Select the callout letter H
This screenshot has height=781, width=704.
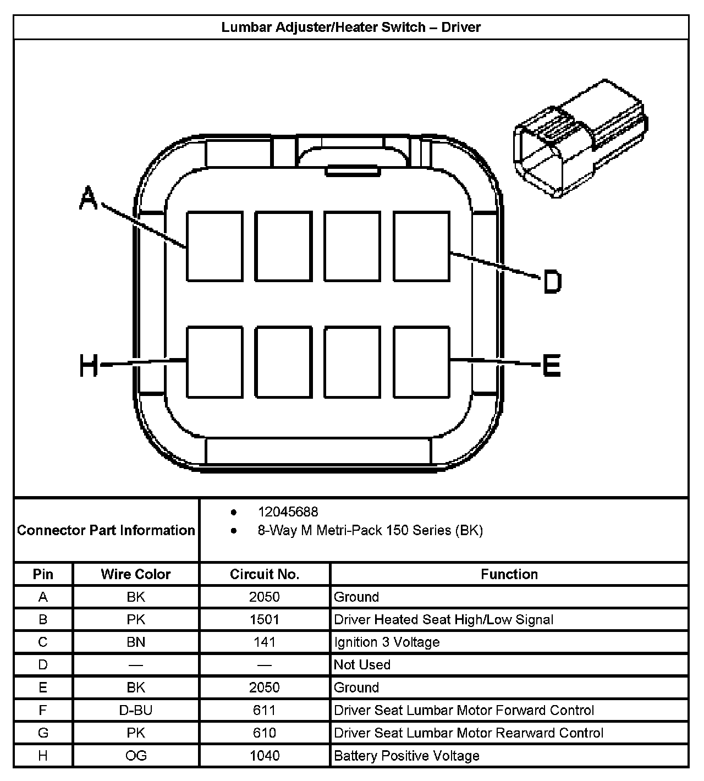[x=89, y=366]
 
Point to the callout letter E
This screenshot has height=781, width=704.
[x=551, y=365]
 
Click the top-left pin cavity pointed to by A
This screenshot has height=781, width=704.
[x=215, y=246]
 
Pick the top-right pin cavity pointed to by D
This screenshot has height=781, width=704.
[x=421, y=246]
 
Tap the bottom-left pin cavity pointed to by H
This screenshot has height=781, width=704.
[x=215, y=362]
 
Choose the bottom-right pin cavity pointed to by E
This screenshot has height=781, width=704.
[x=421, y=362]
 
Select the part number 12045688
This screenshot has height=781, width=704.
[x=288, y=512]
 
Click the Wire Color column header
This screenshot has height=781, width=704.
[x=135, y=574]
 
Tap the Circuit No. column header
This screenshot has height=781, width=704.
[x=265, y=574]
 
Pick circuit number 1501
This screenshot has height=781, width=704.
[x=265, y=620]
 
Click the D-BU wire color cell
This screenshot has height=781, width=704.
[x=135, y=710]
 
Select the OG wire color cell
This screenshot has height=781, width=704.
[x=135, y=756]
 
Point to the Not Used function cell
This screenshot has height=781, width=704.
[x=362, y=665]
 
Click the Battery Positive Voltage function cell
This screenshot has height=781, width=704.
[x=406, y=756]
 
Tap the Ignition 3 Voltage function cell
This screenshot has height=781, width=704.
[x=387, y=642]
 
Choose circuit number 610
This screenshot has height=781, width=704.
[x=265, y=733]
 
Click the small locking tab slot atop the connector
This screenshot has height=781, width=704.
[x=353, y=171]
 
